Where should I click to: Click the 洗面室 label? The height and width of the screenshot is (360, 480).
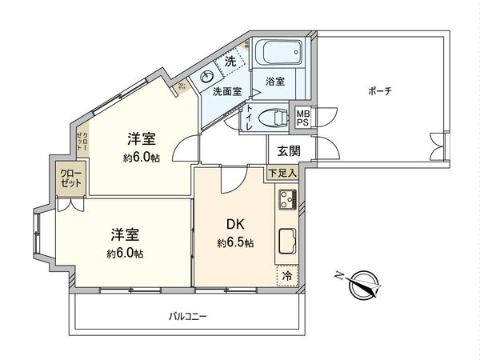(x=227, y=92)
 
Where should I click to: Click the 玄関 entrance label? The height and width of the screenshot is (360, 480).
(x=289, y=150)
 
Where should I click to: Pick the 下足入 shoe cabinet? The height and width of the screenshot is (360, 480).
(x=282, y=172)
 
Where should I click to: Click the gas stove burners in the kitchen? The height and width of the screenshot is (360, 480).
(x=288, y=200)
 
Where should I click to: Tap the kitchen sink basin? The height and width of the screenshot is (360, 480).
(x=287, y=241)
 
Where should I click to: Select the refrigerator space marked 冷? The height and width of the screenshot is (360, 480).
(x=287, y=274)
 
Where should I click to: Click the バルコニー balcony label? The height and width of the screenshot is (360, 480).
(x=188, y=316)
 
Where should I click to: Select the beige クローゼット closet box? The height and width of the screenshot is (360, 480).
(x=70, y=178)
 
